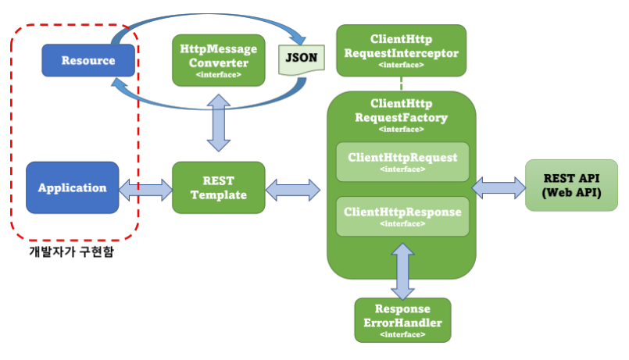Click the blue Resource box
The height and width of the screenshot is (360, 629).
pos(88,60)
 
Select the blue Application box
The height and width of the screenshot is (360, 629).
pos(72,187)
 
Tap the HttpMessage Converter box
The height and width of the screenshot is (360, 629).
pos(219,60)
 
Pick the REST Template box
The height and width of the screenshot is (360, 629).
pos(219,187)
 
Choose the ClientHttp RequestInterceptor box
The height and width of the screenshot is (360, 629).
pos(401,51)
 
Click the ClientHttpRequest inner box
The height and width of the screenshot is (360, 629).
pos(402,162)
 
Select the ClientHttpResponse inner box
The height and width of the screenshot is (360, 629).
pos(402,216)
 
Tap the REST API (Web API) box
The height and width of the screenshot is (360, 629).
pos(572,185)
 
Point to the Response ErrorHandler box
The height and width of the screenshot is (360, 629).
pos(402,320)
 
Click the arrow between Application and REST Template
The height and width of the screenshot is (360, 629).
pos(145,190)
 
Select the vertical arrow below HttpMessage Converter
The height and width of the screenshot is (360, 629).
pos(219,123)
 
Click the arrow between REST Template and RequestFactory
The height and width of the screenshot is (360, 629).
pos(293,190)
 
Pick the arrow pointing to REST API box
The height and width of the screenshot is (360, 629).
pos(499,187)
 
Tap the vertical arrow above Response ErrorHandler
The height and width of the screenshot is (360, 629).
pos(402,272)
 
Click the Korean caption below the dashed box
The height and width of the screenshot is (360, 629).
pos(71,251)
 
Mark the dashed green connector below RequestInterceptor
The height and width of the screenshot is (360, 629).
pos(401,84)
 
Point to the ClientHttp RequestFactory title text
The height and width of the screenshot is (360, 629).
pos(401,111)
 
